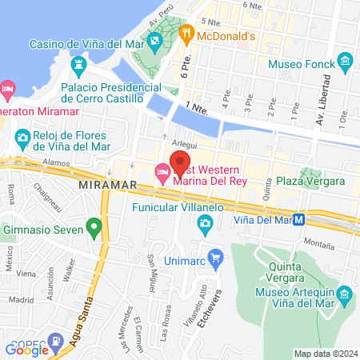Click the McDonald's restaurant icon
click(x=186, y=34)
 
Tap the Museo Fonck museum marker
click(x=345, y=62)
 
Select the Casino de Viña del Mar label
click(x=86, y=43)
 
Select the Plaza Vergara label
click(x=310, y=182)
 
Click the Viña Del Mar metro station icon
click(x=298, y=220)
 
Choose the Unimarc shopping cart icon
click(x=215, y=258)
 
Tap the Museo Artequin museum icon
click(x=344, y=295)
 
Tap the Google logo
click(x=26, y=349)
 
